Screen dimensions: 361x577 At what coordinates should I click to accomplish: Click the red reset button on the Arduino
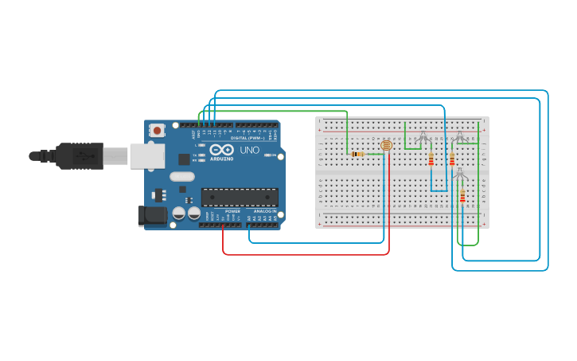158,130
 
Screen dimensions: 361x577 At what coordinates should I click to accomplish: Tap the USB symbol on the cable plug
82,156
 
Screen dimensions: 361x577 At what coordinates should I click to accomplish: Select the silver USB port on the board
146,156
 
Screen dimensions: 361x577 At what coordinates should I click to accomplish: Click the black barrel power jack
151,215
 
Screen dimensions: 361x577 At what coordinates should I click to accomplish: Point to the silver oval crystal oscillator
181,177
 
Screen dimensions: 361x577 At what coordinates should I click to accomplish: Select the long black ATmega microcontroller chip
239,197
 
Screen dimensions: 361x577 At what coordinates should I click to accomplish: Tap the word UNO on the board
249,150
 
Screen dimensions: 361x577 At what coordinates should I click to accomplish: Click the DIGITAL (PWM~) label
247,137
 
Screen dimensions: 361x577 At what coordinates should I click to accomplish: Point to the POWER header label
232,211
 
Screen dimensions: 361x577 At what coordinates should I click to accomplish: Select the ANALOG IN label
264,211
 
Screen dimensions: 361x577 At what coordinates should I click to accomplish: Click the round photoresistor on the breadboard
386,146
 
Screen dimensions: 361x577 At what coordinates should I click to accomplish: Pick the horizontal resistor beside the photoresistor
359,154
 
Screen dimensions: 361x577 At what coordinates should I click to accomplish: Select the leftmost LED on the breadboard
423,137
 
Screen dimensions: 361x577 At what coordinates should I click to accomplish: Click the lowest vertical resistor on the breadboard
462,196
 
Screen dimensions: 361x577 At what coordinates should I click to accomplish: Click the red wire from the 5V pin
306,255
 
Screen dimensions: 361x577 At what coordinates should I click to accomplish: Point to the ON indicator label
272,155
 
